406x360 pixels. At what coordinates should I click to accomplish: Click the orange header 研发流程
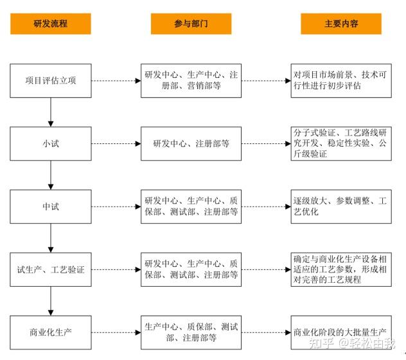[x=50, y=24]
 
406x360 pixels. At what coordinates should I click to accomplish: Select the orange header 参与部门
[x=191, y=24]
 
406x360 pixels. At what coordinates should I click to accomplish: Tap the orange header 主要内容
[x=341, y=24]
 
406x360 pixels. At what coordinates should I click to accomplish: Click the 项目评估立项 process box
[x=50, y=80]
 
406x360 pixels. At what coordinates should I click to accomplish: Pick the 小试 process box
[x=50, y=143]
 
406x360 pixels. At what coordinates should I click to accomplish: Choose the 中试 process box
[x=50, y=206]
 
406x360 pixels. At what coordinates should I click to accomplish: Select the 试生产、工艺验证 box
[x=50, y=269]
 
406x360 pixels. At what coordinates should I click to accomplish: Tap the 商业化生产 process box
[x=50, y=332]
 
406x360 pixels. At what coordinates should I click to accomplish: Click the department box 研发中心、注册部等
[x=191, y=143]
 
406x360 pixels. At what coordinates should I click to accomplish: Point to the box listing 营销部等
[x=191, y=80]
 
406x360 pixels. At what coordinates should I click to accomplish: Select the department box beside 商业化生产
[x=191, y=332]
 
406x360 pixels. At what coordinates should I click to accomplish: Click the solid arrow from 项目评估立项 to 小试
[x=50, y=112]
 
